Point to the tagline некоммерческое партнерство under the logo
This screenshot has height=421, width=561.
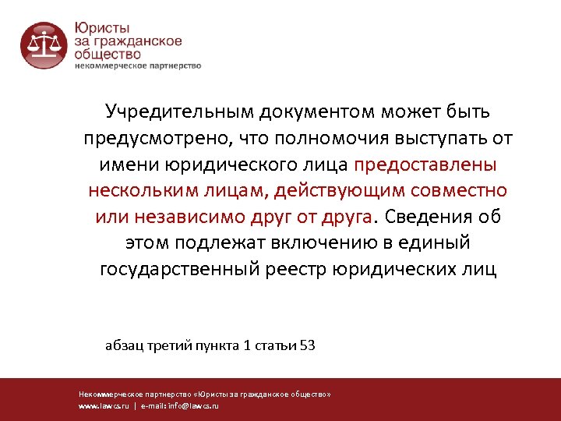(137, 65)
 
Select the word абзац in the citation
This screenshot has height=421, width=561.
(125, 345)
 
